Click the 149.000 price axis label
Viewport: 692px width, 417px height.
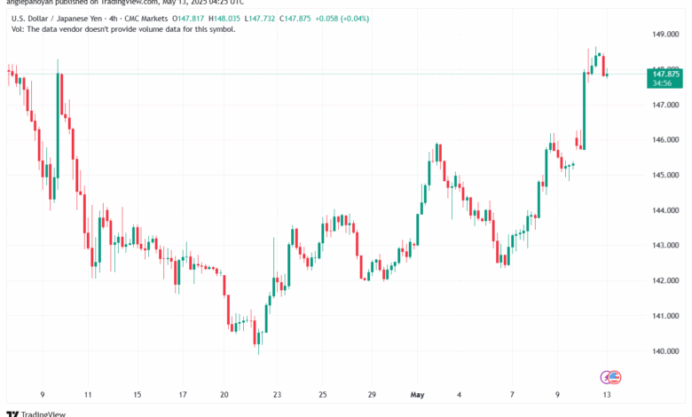665,35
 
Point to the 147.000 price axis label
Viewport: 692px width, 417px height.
665,105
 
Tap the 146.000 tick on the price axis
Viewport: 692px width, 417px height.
665,140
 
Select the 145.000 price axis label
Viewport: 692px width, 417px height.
665,175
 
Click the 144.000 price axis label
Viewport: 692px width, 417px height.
665,210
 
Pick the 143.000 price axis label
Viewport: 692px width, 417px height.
665,245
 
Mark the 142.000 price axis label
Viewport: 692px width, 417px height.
665,280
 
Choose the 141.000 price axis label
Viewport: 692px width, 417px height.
665,315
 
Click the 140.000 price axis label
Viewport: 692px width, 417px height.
665,350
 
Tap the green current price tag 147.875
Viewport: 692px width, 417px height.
664,78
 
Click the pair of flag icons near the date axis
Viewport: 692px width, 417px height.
609,376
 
